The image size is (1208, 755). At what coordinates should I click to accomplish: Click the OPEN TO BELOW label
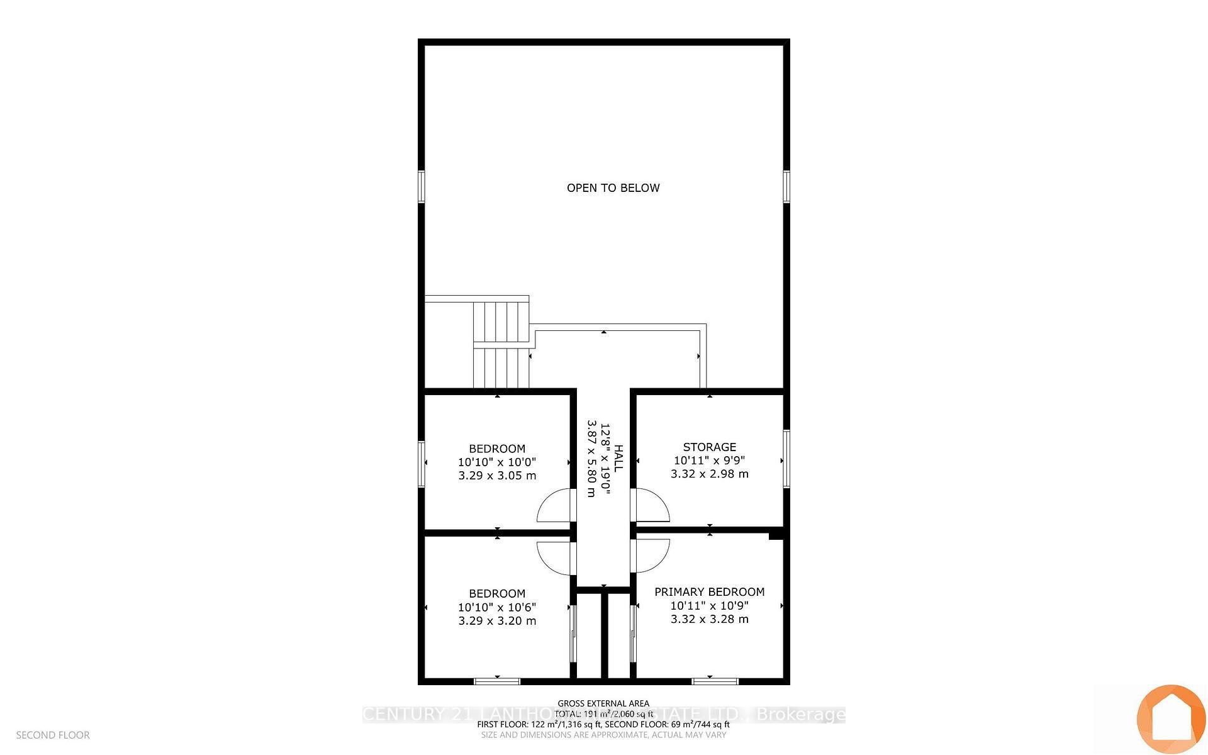[613, 187]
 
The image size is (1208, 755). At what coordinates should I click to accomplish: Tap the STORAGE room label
[709, 447]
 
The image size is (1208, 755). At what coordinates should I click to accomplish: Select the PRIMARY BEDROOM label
[709, 591]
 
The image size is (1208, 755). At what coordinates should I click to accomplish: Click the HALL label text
[618, 459]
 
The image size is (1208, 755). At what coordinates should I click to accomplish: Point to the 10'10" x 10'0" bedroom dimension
[496, 462]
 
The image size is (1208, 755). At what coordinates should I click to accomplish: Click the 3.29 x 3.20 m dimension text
[496, 621]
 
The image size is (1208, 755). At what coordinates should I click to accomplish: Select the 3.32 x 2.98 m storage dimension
[709, 474]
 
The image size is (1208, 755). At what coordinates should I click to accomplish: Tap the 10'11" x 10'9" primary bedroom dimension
[709, 605]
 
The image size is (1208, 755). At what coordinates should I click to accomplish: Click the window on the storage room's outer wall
[786, 458]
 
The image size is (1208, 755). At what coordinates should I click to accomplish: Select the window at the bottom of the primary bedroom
[715, 681]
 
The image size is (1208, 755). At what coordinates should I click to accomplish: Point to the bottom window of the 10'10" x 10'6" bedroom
[497, 681]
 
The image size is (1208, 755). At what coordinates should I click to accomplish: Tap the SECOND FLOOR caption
[53, 735]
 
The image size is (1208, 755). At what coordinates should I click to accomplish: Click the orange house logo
[1170, 719]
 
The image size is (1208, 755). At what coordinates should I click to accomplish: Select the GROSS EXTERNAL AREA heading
[603, 703]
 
